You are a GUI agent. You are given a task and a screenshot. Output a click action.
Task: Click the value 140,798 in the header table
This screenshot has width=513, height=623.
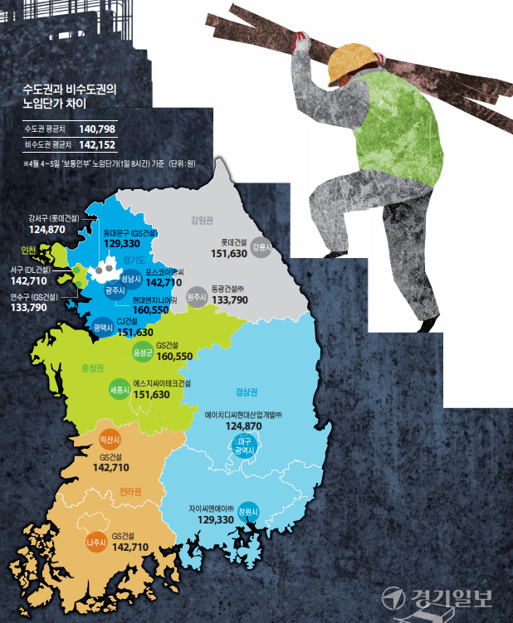coord(97,129)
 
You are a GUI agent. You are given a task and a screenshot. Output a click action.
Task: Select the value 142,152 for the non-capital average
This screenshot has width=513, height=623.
coord(97,144)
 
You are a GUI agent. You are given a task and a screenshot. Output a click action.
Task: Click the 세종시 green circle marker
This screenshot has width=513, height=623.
coord(120,388)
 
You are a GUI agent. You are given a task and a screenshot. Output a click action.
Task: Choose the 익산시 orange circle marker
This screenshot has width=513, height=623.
coord(110,437)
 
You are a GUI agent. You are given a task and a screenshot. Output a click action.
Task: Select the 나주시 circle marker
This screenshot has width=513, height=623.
coord(97,543)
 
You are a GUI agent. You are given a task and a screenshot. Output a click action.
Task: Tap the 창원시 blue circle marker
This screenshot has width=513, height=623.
coord(248,510)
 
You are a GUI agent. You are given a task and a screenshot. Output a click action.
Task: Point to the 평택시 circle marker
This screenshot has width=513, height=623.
coord(104,328)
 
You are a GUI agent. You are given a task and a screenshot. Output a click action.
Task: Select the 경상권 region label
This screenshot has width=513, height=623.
coord(236,392)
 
